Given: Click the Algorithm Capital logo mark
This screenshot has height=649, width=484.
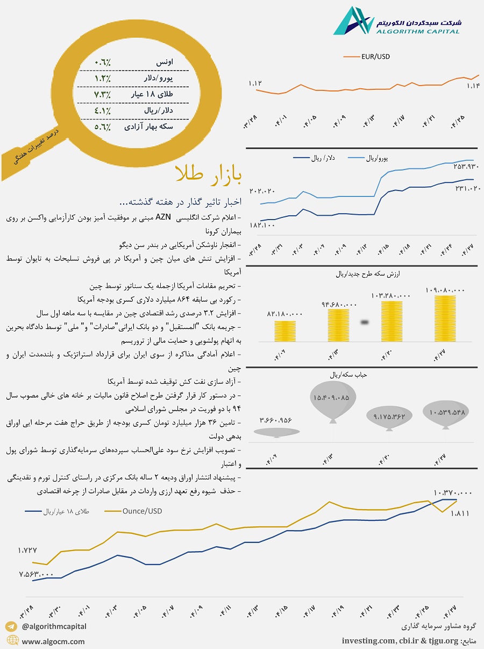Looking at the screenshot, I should click(353, 21).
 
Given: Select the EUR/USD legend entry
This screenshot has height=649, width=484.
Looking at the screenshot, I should click(372, 55).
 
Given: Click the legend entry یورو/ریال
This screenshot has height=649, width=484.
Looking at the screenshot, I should click(379, 158).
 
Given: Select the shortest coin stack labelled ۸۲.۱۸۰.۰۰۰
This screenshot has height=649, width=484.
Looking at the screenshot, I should click(284, 331).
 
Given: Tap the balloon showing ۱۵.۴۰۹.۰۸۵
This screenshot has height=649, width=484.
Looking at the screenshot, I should click(330, 398).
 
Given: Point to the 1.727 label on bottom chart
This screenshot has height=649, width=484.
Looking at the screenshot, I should click(27, 551).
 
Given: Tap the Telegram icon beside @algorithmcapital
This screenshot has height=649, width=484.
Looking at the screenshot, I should click(12, 626).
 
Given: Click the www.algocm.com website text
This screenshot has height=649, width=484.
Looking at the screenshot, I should click(53, 641).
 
